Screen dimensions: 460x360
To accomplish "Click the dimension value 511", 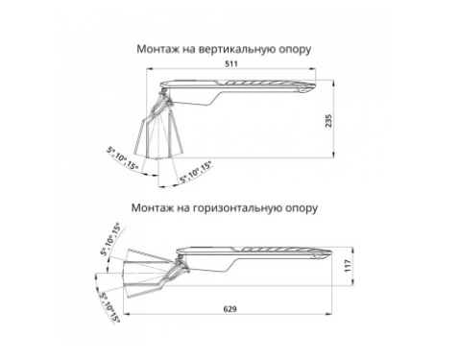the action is pos(231,63).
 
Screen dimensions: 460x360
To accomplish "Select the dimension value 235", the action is pos(328,121).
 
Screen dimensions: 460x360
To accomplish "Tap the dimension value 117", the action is pos(348,266).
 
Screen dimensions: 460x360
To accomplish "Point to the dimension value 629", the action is pos(230,309).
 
